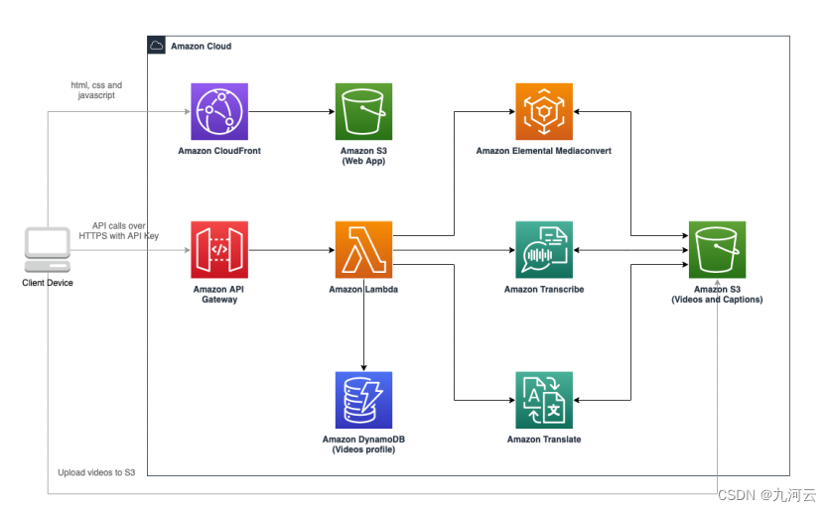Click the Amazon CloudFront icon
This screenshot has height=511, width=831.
218,110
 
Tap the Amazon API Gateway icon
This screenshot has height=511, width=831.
218,249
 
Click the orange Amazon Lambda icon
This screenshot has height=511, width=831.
364,249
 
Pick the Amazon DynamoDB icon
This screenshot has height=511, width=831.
364,400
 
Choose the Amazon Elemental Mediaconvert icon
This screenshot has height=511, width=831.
544,110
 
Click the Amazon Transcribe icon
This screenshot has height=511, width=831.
544,249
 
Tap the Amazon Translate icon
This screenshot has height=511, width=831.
544,400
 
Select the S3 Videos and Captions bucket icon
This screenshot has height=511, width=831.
717,249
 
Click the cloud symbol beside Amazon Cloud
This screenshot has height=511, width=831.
156,46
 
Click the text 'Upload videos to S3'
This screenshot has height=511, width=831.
96,472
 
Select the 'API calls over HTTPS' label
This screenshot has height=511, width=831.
118,230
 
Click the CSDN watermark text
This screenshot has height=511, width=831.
766,494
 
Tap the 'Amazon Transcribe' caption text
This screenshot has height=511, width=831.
544,290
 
